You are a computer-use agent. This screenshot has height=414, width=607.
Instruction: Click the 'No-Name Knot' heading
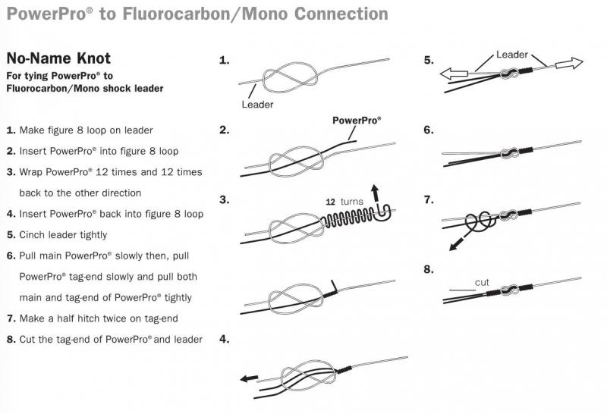[x=58, y=58]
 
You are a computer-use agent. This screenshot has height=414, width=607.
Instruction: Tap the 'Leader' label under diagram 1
[x=257, y=105]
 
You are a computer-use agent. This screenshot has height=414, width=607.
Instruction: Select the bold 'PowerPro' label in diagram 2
[x=357, y=121]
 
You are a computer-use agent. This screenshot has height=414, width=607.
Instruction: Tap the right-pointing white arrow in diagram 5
[x=568, y=65]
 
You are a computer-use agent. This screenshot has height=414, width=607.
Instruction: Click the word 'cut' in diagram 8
[x=482, y=282]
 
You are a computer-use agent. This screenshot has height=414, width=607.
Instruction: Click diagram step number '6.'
[x=429, y=130]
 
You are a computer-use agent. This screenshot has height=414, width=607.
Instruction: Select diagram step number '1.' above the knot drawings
[x=224, y=60]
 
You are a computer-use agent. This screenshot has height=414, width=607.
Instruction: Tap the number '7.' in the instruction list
[x=11, y=318]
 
